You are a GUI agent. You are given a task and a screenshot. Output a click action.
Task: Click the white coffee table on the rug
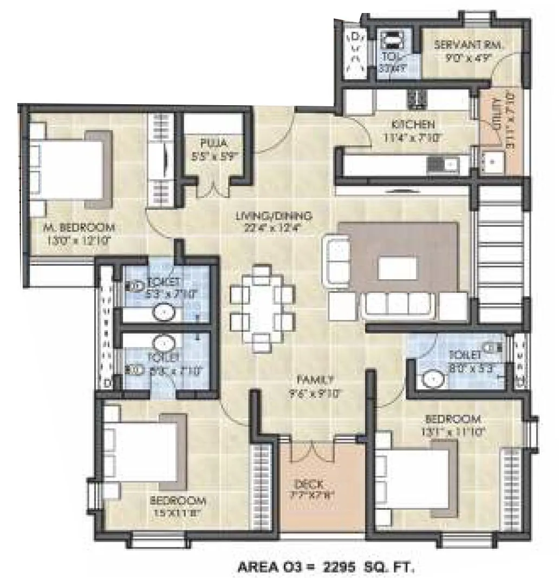[x=398, y=268]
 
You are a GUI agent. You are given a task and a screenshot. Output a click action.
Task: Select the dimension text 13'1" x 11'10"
[x=453, y=432]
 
